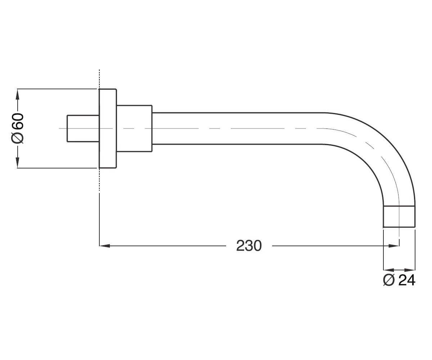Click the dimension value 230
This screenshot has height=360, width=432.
tap(249, 246)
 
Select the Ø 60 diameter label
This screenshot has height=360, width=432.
tap(17, 128)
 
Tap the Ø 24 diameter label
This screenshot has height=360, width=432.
tap(399, 280)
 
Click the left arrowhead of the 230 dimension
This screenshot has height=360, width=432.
tap(104, 246)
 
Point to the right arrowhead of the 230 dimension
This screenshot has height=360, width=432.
tap(394, 246)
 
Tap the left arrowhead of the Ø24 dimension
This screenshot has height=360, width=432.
tap(388, 270)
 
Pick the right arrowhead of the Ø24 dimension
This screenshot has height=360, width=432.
tap(410, 270)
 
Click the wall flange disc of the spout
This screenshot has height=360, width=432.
tap(108, 129)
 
